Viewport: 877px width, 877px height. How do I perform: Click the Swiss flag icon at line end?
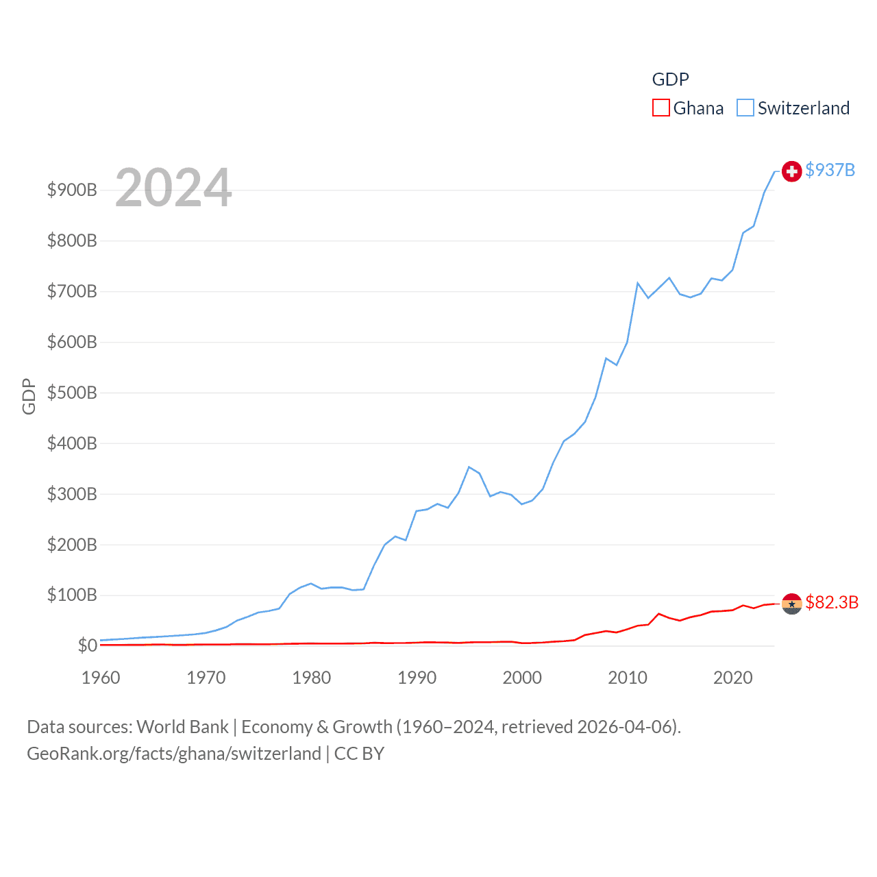point(791,171)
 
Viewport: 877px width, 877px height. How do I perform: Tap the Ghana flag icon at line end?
point(791,604)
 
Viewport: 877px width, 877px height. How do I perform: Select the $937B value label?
point(830,170)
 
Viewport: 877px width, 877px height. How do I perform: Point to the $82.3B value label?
point(832,602)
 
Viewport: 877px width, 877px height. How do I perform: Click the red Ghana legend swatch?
point(660,108)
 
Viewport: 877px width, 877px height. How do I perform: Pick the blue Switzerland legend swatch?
point(745,108)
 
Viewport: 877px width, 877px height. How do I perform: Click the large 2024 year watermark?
point(173,188)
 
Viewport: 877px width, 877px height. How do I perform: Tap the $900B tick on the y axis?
point(72,190)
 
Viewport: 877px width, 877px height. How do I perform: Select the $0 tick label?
point(87,645)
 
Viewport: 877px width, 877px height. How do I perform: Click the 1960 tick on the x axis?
point(101,678)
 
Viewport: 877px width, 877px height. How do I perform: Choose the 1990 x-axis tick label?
point(417,678)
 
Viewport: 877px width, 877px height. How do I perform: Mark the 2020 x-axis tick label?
point(732,678)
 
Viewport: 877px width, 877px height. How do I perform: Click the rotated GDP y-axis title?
point(29,396)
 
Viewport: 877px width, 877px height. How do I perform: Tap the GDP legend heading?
point(670,79)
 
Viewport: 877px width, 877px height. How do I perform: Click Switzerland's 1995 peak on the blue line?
point(469,467)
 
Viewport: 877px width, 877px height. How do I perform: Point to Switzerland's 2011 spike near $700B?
point(638,283)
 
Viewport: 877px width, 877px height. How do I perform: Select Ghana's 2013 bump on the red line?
point(659,614)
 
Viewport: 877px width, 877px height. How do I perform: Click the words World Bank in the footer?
point(182,726)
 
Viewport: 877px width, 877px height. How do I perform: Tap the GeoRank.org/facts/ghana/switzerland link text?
point(174,754)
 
